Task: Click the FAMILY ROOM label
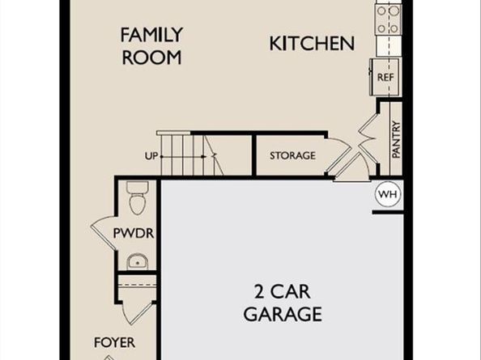point(151,46)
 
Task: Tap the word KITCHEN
point(312,43)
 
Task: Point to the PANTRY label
point(395,139)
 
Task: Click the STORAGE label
point(292,155)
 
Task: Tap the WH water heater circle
point(387,194)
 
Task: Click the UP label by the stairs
point(150,155)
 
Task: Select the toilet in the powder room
point(136,197)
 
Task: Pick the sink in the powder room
point(137,261)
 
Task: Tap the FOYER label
point(114,342)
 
